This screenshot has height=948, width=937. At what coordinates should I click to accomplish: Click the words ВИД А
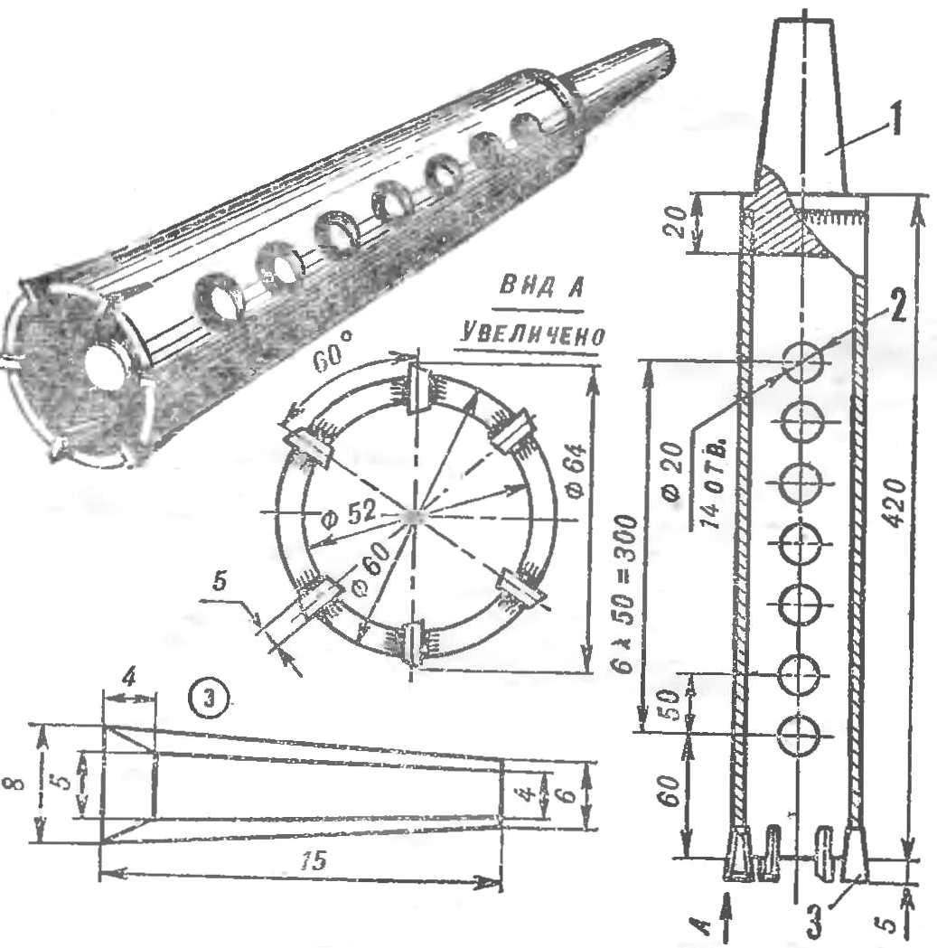coord(540,286)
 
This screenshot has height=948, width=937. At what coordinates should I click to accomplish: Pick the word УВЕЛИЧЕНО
coord(529,333)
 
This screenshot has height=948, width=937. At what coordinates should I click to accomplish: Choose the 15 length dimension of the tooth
coord(313,859)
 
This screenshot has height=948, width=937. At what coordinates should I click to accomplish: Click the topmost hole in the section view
coord(803,362)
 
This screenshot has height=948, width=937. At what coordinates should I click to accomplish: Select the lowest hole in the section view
coord(798,734)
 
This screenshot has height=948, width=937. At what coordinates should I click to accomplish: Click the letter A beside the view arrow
coord(702,924)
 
